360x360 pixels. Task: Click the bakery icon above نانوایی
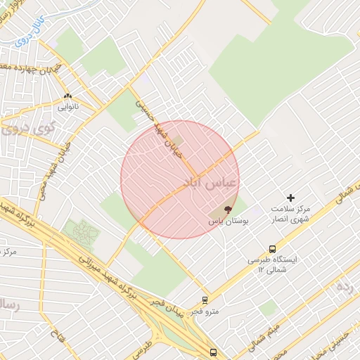pos(67,96)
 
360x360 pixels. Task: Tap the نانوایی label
pos(69,107)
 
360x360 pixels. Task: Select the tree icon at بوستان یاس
pos(227,209)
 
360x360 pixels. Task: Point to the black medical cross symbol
pos(290,198)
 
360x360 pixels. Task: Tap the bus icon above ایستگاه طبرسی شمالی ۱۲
pos(272,248)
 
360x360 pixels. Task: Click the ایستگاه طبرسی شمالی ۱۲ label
pos(272,264)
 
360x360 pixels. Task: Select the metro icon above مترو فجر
pos(205,300)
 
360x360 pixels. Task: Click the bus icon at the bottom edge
pos(213,352)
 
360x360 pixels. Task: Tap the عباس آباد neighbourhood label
pos(210,183)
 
